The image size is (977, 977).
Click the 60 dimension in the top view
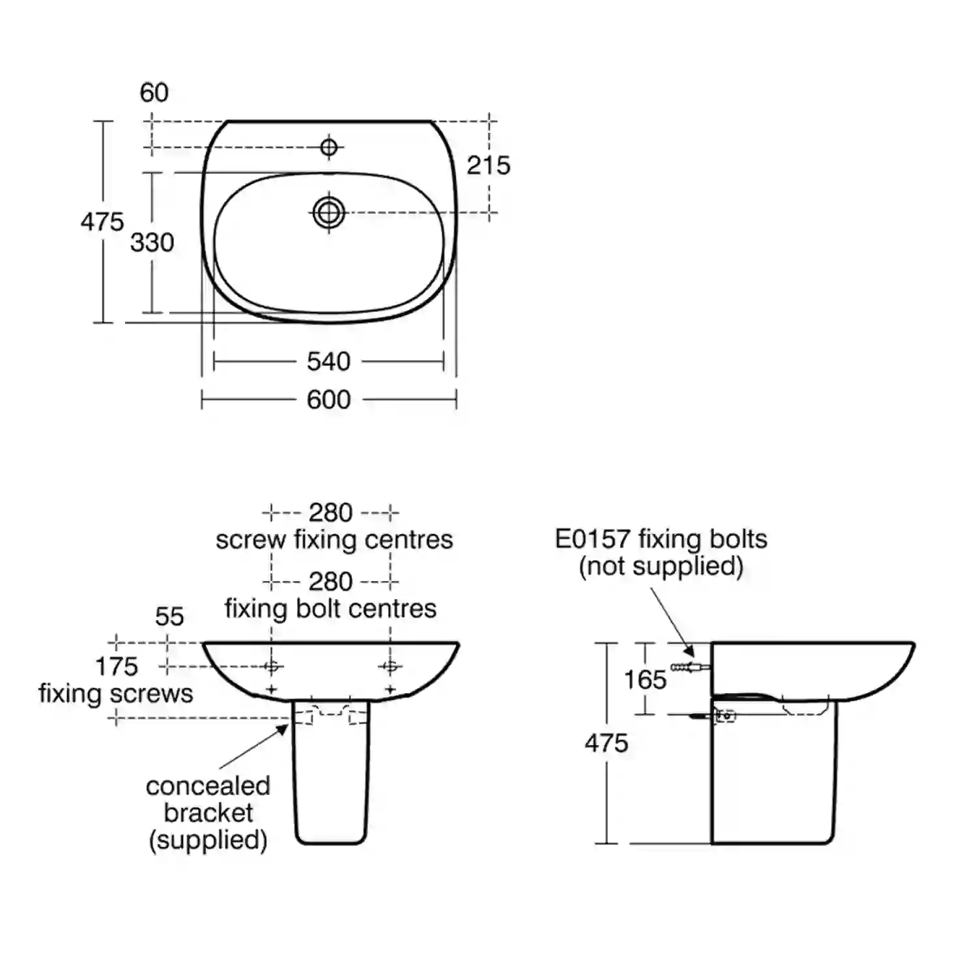coord(154,92)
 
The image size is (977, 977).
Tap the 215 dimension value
coord(488,165)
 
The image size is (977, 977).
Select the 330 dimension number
coord(152,243)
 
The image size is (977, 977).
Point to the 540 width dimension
coord(329,361)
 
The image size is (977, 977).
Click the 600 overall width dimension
coord(329,399)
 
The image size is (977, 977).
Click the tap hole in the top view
coord(329,147)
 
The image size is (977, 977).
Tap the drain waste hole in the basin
coord(329,212)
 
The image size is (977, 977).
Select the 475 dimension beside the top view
coord(102,222)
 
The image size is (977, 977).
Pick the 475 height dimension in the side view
coord(606,743)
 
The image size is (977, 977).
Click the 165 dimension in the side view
coord(645,680)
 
